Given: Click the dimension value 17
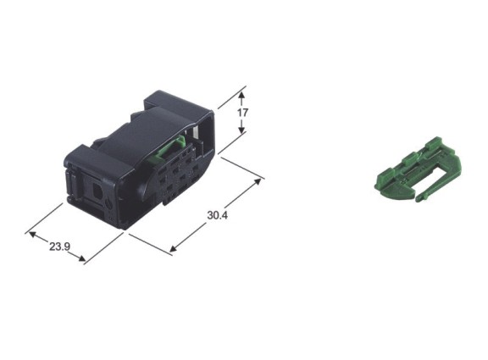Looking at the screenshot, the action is (243, 112).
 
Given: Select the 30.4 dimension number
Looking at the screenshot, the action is (218, 215).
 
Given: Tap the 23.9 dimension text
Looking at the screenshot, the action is (59, 246).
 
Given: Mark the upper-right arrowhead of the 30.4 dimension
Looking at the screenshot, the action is (258, 182).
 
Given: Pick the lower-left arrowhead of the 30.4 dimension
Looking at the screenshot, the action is (174, 248).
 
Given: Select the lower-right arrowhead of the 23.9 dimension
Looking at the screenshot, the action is (80, 258).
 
